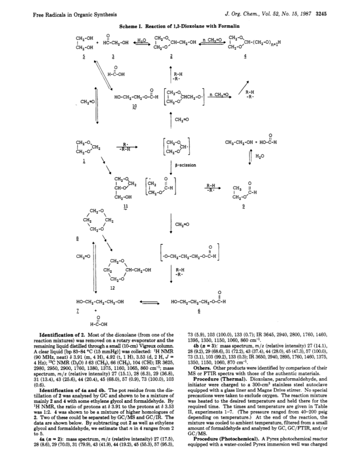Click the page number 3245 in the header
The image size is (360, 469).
(x=321, y=14)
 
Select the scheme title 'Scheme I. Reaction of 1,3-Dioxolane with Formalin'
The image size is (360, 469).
(x=179, y=26)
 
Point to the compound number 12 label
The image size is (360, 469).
(x=112, y=288)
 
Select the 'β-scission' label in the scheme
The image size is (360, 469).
(x=185, y=165)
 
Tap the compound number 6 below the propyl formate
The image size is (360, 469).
(x=199, y=311)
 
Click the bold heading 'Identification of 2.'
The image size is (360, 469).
(x=63, y=335)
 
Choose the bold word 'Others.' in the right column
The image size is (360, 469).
(x=202, y=368)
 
